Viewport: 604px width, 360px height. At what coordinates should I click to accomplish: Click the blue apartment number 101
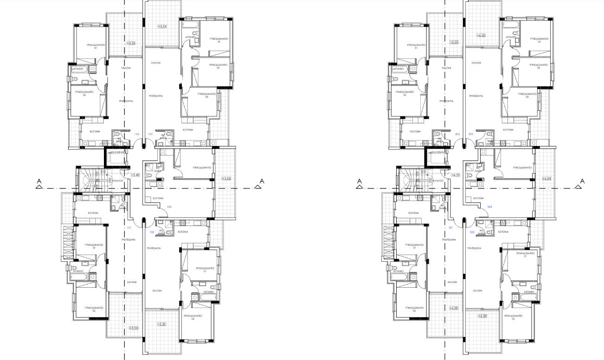pyautogui.click(x=129, y=228)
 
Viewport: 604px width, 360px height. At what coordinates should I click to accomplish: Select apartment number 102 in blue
pyautogui.click(x=152, y=232)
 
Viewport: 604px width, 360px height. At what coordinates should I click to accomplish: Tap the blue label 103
pyautogui.click(x=169, y=207)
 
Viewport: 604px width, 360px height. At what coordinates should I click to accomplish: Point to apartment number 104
pyautogui.click(x=137, y=134)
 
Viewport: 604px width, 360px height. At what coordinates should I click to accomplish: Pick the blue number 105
pyautogui.click(x=150, y=134)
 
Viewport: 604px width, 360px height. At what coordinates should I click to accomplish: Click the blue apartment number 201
pyautogui.click(x=450, y=228)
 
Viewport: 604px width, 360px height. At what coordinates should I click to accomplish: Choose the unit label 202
pyautogui.click(x=472, y=232)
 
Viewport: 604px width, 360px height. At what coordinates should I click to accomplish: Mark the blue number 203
pyautogui.click(x=489, y=207)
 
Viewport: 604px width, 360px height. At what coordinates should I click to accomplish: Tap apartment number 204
pyautogui.click(x=457, y=134)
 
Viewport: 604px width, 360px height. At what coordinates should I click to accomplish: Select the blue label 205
pyautogui.click(x=470, y=134)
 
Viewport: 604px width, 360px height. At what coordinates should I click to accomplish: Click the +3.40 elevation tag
pyautogui.click(x=135, y=175)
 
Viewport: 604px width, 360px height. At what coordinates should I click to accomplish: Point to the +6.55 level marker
pyautogui.click(x=455, y=175)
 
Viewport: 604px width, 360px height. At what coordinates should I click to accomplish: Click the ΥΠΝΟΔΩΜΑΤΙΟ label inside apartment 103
pyautogui.click(x=202, y=167)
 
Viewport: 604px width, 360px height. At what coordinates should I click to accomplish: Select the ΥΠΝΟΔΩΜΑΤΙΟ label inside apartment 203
pyautogui.click(x=523, y=167)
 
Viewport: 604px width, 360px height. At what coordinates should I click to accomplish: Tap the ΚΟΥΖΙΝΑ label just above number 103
pyautogui.click(x=158, y=198)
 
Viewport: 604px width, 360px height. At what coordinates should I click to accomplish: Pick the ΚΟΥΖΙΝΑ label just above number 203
pyautogui.click(x=478, y=198)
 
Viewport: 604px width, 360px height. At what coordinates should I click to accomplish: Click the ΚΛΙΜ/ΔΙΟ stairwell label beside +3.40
pyautogui.click(x=117, y=180)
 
